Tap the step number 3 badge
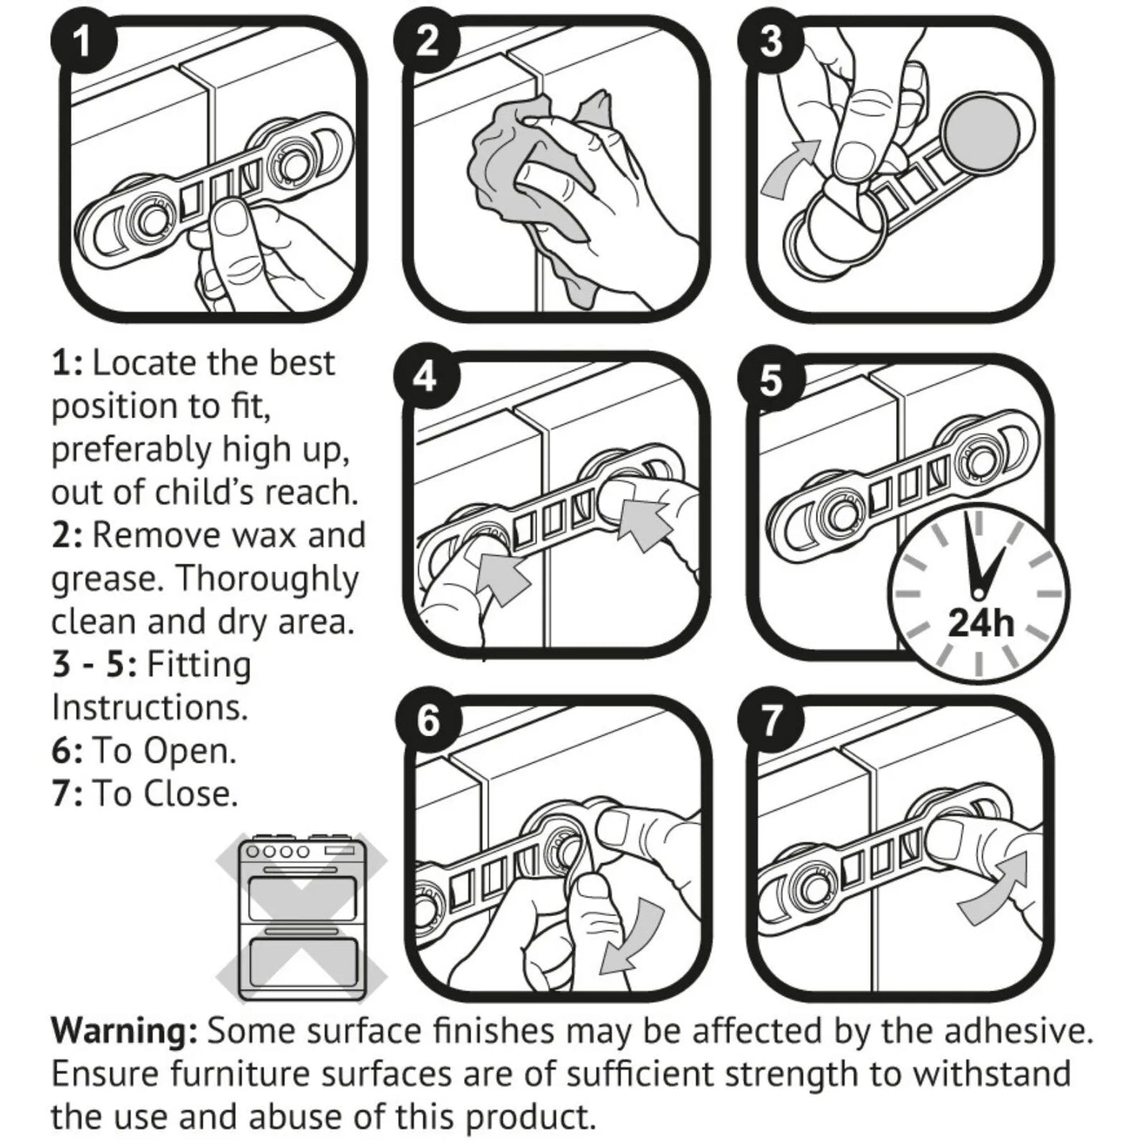[x=771, y=41]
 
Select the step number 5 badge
[x=771, y=381]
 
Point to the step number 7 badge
[x=771, y=722]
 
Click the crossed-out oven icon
[x=301, y=921]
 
